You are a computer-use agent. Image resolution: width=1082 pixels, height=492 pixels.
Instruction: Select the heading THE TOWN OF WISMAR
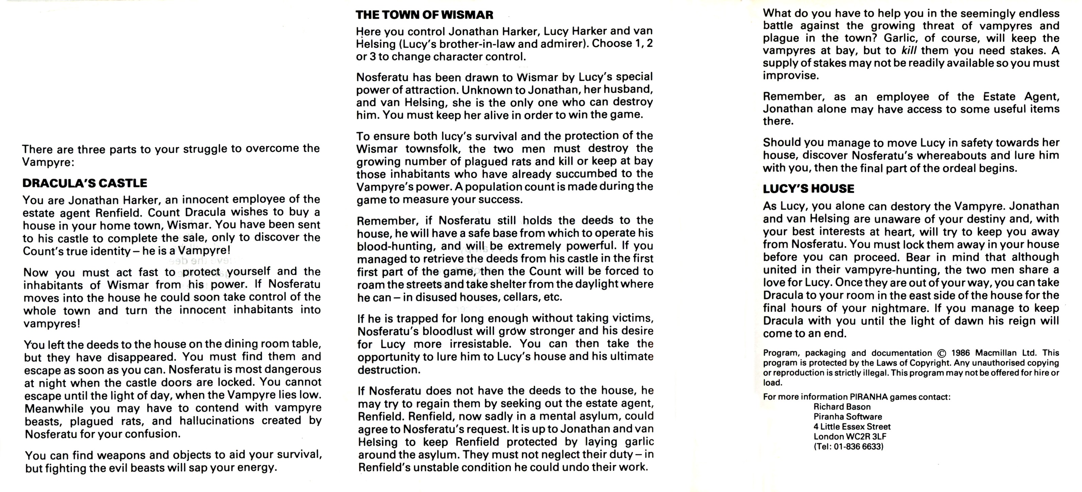point(424,15)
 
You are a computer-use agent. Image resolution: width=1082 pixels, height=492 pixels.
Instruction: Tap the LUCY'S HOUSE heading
point(809,189)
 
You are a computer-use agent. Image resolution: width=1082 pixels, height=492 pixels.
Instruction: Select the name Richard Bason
point(842,407)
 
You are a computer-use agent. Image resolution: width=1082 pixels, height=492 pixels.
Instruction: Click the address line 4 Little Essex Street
point(852,427)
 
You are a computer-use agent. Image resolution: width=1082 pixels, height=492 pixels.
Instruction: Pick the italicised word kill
point(909,51)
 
